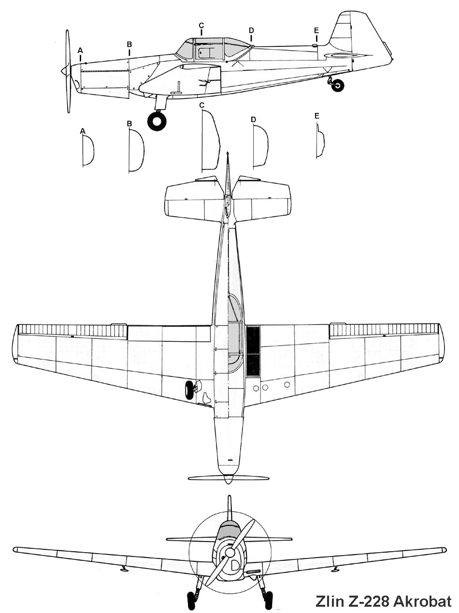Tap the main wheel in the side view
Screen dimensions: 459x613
(x=157, y=122)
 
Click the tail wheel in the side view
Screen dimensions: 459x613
(x=338, y=85)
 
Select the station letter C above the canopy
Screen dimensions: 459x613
(x=201, y=25)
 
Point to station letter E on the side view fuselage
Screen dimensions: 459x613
(x=316, y=30)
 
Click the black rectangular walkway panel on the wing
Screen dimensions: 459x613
(x=253, y=351)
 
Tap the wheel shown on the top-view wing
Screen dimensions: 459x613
(x=189, y=390)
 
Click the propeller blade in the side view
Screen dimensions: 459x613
(x=68, y=71)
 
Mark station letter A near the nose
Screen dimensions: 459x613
(x=80, y=50)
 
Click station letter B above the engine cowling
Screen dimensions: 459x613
(x=129, y=44)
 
